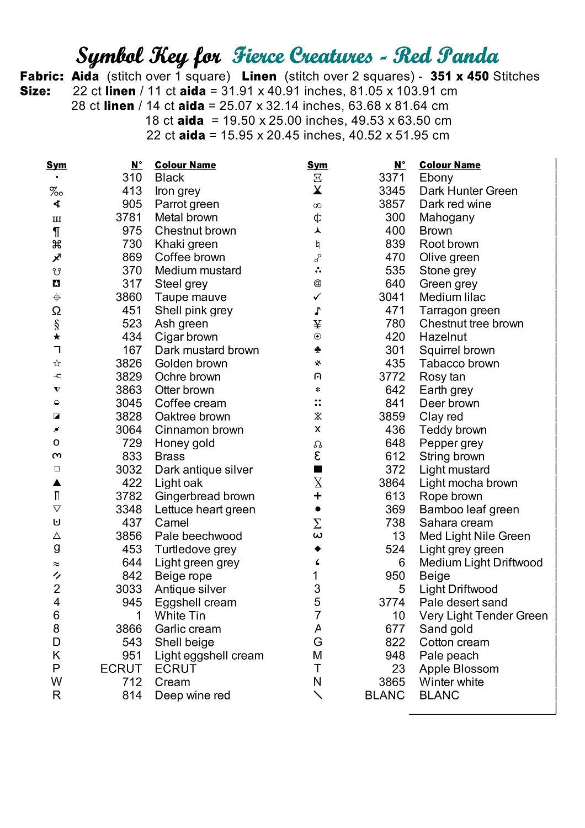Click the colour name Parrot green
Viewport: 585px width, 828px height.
(187, 204)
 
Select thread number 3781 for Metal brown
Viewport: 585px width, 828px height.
(129, 217)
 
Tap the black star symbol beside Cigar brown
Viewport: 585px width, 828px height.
(57, 337)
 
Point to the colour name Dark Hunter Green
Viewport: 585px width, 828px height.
(468, 191)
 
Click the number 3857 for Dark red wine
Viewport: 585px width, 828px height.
(391, 204)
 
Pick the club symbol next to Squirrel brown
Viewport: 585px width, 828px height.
(317, 350)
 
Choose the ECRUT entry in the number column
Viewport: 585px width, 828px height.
(121, 669)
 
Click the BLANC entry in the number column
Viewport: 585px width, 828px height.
(385, 696)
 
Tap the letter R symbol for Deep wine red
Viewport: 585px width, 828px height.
(56, 696)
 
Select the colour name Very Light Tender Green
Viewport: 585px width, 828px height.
(483, 616)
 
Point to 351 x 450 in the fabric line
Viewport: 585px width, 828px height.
(460, 76)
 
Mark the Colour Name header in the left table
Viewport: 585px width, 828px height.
(185, 165)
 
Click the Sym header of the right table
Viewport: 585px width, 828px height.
(317, 165)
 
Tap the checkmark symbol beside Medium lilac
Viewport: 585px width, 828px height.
(317, 297)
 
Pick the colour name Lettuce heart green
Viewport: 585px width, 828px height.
(205, 509)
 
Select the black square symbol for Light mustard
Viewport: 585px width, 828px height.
(318, 469)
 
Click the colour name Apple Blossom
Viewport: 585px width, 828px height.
(459, 669)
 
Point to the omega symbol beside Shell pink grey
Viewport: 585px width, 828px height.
(56, 311)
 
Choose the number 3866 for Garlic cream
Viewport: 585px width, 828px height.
(129, 629)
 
